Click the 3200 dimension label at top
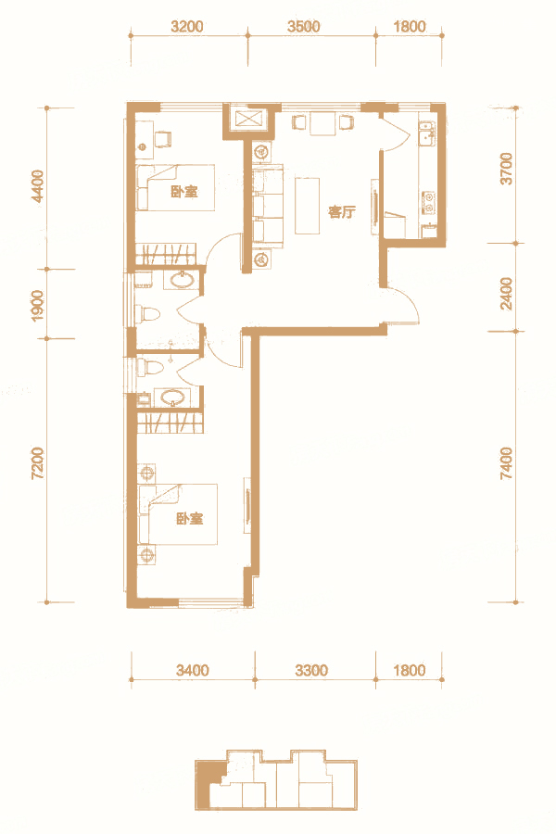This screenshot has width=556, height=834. (187, 26)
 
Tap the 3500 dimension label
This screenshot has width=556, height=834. (304, 26)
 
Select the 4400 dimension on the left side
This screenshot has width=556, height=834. (38, 186)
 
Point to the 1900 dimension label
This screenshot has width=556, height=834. (38, 305)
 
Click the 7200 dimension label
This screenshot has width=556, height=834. (38, 463)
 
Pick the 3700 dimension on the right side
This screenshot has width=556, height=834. (507, 169)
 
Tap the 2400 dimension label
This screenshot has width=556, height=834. (507, 293)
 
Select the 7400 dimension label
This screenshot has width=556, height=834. (507, 463)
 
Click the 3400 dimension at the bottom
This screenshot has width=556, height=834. (193, 670)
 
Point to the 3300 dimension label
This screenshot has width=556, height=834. (311, 670)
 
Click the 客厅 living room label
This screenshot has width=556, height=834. (342, 212)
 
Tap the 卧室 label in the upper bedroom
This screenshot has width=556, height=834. (184, 192)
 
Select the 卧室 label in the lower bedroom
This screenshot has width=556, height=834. (190, 518)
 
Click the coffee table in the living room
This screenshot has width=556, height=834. (308, 206)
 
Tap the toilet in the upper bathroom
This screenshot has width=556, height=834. (148, 314)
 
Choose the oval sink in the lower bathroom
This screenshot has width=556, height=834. (174, 397)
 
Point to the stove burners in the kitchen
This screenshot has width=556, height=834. (428, 199)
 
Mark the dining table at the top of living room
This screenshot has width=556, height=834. (323, 123)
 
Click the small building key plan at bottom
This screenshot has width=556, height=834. (275, 779)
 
